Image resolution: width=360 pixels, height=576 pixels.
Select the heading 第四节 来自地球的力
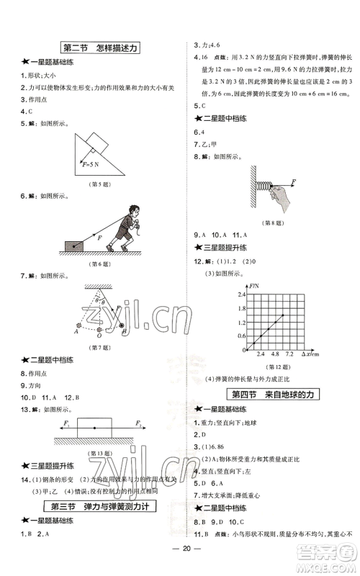pos(272,394)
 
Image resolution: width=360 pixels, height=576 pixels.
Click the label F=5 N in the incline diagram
pos(92,164)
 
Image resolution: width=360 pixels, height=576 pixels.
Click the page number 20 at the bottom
pos(179,561)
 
